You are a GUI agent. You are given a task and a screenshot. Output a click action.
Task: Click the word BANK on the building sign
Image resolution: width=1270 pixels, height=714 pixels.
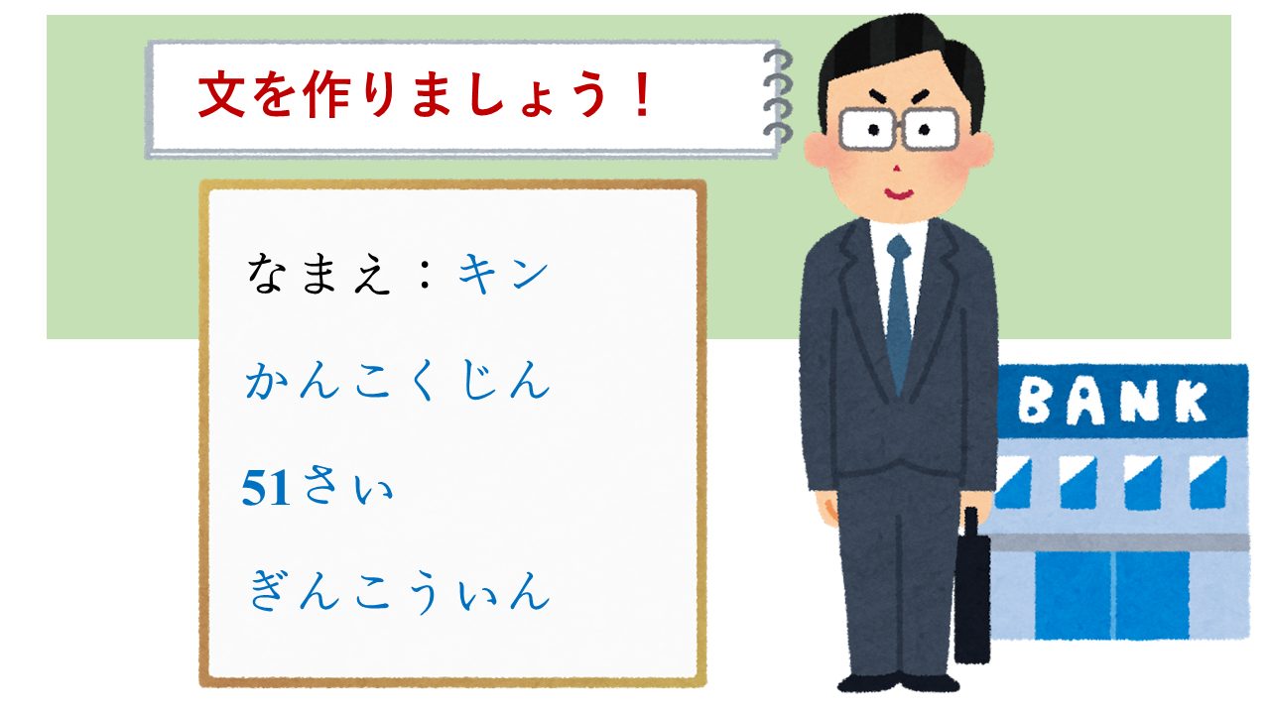pos(1113,402)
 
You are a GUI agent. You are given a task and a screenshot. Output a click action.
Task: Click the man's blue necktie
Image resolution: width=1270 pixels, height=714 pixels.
pos(899,314)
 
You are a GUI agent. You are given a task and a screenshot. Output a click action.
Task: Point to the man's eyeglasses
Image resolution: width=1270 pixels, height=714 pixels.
pos(899,130)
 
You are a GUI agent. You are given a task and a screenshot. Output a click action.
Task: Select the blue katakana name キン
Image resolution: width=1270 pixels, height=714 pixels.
pos(503,274)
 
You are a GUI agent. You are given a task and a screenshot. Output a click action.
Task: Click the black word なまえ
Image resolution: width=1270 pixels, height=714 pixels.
pos(319,274)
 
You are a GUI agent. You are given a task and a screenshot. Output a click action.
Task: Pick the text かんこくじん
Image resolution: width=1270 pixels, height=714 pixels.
pos(398,380)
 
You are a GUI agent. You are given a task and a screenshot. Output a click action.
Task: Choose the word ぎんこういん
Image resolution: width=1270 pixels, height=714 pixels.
pos(399,592)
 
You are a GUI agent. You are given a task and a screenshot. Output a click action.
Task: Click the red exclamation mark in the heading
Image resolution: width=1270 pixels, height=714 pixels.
pos(642,94)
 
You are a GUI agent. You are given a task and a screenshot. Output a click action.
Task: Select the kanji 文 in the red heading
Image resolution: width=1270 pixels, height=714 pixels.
pos(221,94)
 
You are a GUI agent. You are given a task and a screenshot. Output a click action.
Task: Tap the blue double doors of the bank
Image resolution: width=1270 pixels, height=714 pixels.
pos(1112,595)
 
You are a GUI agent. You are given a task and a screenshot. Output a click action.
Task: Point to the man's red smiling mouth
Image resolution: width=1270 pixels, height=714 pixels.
pos(899,194)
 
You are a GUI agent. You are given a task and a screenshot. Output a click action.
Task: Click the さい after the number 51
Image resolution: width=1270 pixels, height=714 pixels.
pos(347,486)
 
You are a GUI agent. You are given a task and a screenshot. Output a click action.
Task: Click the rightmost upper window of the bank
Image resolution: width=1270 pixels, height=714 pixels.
pos(1208,483)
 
